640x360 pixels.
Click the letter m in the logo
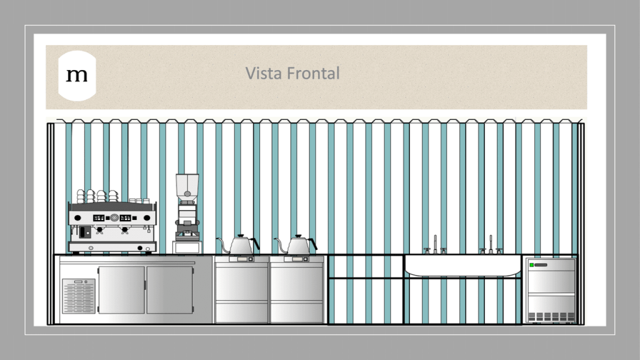[x=77, y=75]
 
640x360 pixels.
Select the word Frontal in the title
[x=313, y=73]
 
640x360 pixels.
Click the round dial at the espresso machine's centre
[x=114, y=218]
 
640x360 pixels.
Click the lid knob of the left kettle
[x=241, y=236]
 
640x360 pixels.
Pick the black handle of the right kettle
[x=314, y=244]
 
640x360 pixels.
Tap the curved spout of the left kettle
[x=223, y=244]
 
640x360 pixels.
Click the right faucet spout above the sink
[x=491, y=244]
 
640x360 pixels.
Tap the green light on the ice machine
[x=531, y=265]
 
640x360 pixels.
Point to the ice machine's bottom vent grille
[x=551, y=317]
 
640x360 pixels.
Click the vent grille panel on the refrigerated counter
[x=79, y=296]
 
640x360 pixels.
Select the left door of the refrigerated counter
[x=122, y=290]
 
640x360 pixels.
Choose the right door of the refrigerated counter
[x=169, y=290]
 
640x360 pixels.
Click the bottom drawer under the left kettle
[x=242, y=312]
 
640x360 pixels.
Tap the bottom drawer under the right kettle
[x=297, y=312]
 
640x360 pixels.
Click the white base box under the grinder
[x=187, y=247]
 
